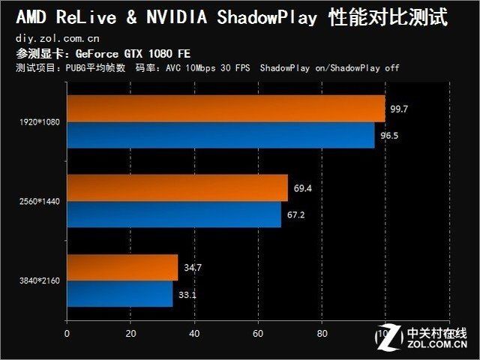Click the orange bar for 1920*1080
(225, 109)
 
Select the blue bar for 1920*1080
(220, 136)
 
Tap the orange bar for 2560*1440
(177, 187)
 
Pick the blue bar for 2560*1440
(173, 214)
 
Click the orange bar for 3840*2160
(122, 267)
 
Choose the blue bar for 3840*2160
(120, 294)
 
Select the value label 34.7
(192, 267)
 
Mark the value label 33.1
(187, 294)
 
